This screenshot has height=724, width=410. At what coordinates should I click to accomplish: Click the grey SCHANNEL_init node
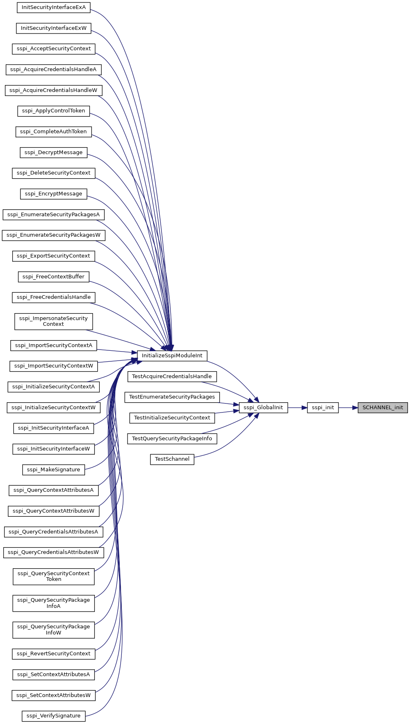point(383,408)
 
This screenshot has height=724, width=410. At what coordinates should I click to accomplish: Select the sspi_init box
point(323,408)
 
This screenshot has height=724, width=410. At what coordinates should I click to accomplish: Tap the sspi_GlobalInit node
point(263,408)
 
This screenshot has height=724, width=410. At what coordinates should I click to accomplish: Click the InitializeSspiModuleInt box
point(172,356)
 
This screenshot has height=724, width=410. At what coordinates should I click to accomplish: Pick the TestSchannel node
point(172,459)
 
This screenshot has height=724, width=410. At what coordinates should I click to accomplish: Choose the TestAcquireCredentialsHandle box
point(172,377)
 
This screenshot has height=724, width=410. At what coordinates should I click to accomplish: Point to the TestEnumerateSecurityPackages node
point(172,397)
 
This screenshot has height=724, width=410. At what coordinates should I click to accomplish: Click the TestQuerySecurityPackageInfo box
point(172,439)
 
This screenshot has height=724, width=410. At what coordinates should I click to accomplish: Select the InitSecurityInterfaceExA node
point(54,7)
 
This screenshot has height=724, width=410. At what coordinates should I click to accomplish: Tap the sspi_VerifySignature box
point(54,716)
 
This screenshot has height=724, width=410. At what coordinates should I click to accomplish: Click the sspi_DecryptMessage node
point(54,152)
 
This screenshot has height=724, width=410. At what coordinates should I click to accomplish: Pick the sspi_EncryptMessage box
point(54,194)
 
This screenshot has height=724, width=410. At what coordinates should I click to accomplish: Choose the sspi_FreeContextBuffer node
point(54,277)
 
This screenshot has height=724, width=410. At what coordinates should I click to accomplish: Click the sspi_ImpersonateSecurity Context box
point(54,321)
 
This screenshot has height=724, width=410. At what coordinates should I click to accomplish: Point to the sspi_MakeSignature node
point(54,470)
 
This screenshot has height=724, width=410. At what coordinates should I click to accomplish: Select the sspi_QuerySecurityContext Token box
point(54,576)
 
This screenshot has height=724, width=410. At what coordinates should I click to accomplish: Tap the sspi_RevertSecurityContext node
point(54,654)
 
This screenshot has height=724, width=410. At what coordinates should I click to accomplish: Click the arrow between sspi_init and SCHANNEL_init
point(348,408)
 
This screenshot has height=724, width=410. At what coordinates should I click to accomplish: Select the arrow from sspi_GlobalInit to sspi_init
point(298,408)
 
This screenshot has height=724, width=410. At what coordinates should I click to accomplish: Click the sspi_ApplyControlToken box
point(54,111)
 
